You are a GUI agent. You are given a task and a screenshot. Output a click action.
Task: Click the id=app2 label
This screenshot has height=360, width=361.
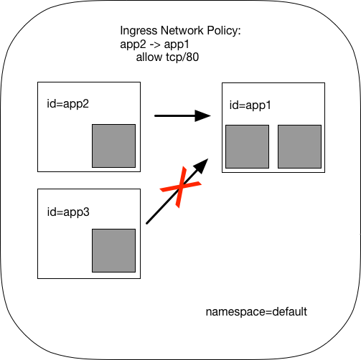pyautogui.click(x=67, y=104)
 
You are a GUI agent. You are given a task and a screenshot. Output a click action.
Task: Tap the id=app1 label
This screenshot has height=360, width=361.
pyautogui.click(x=250, y=105)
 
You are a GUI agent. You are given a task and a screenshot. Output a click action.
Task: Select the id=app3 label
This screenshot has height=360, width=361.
pyautogui.click(x=68, y=212)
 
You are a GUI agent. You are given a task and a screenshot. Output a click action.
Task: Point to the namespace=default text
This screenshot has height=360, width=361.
pyautogui.click(x=256, y=312)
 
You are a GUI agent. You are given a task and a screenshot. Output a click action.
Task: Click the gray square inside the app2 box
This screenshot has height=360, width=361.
pyautogui.click(x=114, y=146)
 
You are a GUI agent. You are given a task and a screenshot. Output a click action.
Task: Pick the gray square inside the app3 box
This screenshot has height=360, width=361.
pyautogui.click(x=114, y=250)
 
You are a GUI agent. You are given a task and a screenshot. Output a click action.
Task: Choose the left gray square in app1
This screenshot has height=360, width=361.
pyautogui.click(x=248, y=146)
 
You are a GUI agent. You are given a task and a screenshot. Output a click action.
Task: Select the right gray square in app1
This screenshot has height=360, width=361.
pyautogui.click(x=299, y=146)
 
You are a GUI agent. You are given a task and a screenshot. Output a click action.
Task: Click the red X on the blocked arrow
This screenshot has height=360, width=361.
pyautogui.click(x=181, y=187)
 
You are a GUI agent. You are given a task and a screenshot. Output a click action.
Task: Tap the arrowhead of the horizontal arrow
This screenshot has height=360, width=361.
pyautogui.click(x=202, y=115)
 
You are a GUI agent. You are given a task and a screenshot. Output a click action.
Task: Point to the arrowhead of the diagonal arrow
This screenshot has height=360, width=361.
pyautogui.click(x=202, y=166)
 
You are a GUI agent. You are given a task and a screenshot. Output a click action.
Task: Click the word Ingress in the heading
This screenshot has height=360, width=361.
pyautogui.click(x=139, y=31)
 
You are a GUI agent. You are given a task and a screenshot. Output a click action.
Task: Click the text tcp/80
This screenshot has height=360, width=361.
pyautogui.click(x=182, y=57)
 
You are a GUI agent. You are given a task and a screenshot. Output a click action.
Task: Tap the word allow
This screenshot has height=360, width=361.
pyautogui.click(x=149, y=57)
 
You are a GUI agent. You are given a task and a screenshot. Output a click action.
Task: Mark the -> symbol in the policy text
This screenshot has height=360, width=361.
pyautogui.click(x=155, y=44)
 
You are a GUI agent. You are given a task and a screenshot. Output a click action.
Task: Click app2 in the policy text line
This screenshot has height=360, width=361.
pyautogui.click(x=133, y=45)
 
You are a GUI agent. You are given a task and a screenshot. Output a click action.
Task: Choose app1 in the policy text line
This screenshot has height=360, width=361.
pyautogui.click(x=177, y=45)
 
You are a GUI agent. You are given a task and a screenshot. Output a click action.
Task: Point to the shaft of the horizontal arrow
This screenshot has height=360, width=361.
pyautogui.click(x=175, y=115)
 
